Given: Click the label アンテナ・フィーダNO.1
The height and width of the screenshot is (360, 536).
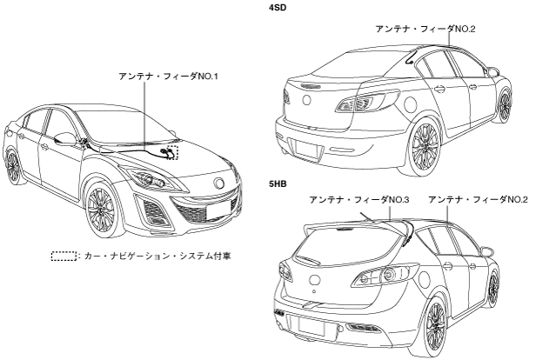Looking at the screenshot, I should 168,77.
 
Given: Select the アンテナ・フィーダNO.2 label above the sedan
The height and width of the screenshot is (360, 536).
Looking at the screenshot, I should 426,30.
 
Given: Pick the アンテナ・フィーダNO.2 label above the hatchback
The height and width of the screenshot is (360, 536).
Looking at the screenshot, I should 478,199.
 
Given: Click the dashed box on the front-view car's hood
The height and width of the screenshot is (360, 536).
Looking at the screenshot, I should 173,152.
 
